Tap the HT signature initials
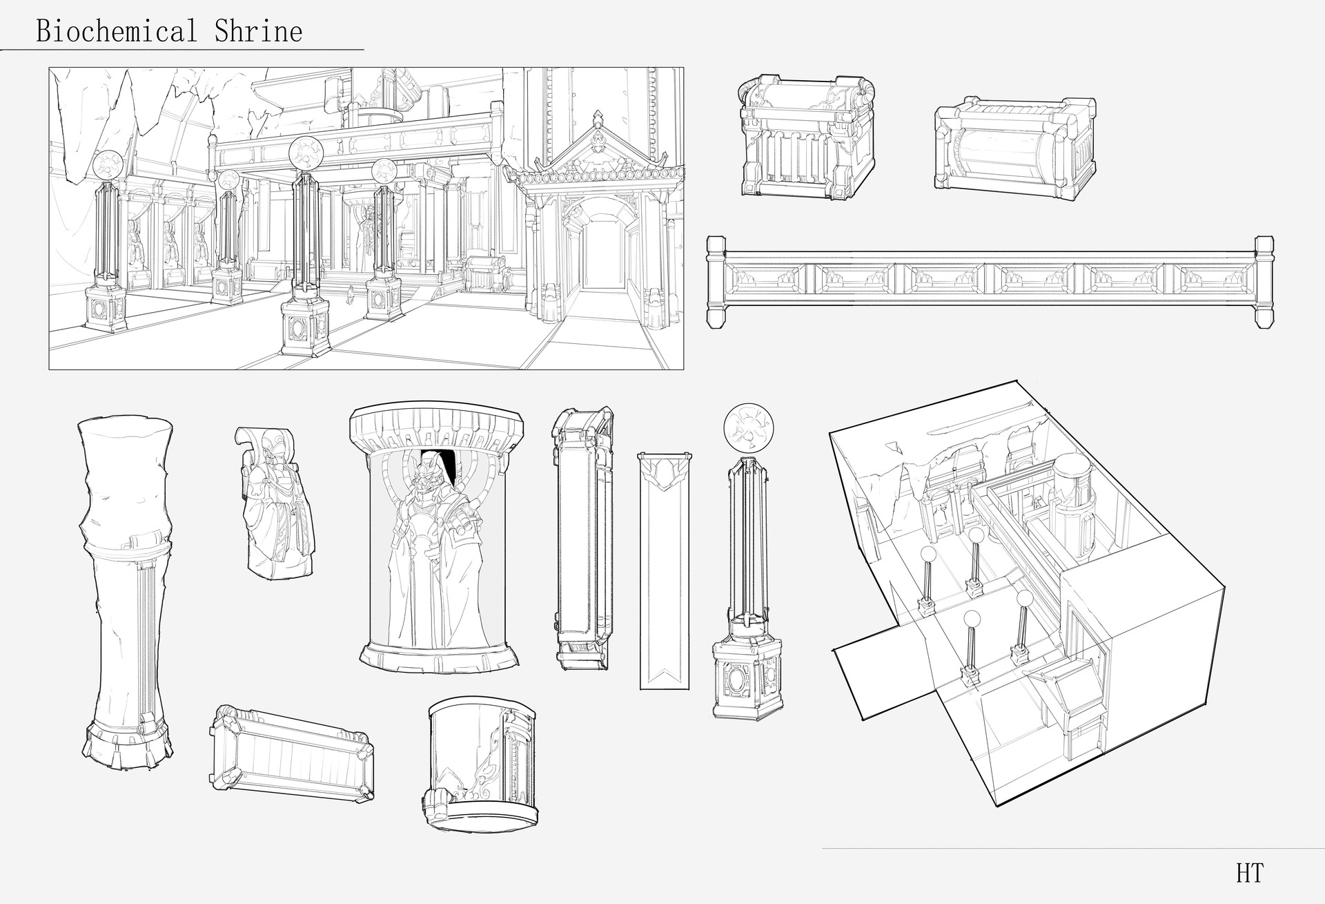click(x=1250, y=874)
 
